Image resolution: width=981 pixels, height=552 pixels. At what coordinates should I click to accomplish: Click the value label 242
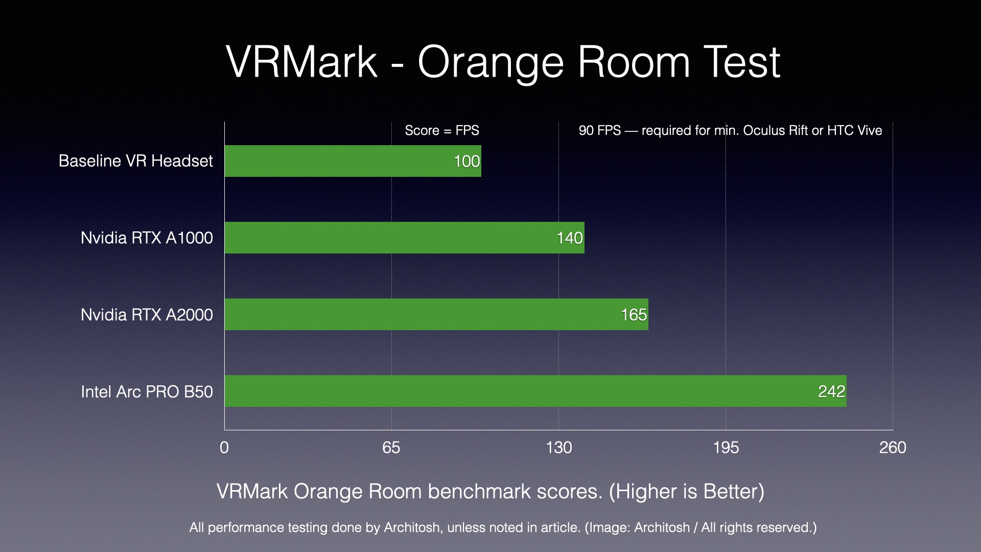click(831, 392)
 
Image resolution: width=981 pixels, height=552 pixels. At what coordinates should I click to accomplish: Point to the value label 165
click(634, 315)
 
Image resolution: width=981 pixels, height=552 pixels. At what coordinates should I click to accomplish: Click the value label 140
click(569, 238)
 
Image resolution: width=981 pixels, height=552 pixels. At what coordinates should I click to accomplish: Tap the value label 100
click(466, 162)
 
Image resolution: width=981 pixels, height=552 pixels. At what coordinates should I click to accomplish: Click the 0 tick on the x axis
click(224, 448)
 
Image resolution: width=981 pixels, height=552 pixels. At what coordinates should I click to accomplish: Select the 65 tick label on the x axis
click(391, 448)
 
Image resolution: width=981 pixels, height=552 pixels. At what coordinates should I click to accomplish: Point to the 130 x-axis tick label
click(558, 448)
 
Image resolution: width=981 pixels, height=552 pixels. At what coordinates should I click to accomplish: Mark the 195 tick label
click(726, 448)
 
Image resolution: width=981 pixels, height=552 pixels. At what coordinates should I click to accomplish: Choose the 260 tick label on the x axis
click(893, 448)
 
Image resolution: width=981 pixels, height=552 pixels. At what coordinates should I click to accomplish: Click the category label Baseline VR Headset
click(135, 161)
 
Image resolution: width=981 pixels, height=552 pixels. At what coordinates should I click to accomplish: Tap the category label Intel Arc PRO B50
click(147, 392)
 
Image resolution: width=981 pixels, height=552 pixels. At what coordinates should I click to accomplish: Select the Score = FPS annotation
click(442, 130)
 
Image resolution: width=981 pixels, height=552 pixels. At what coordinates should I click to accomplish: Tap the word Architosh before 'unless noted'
click(412, 527)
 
